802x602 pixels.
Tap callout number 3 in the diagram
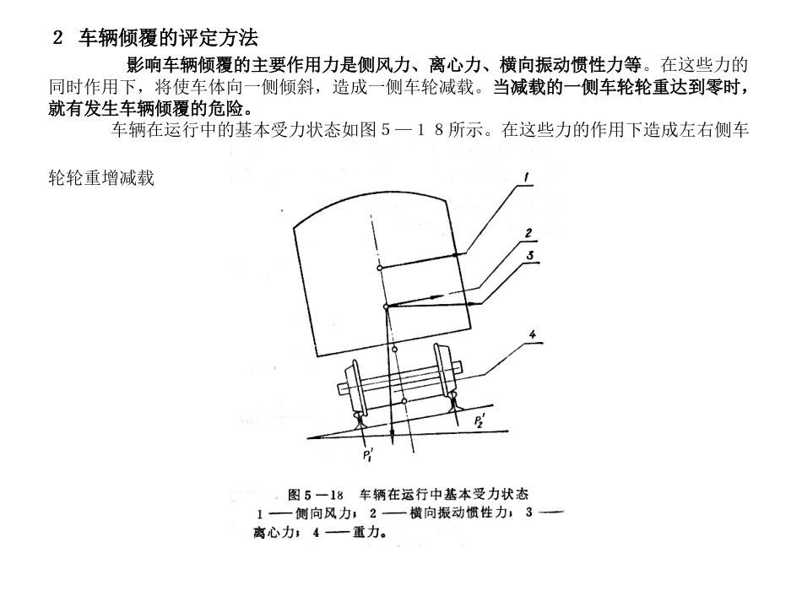tap(528, 254)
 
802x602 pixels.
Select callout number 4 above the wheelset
tap(532, 334)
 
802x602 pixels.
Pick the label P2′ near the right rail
tap(479, 420)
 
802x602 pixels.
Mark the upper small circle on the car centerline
tap(380, 268)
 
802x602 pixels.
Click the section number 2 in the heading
tap(57, 38)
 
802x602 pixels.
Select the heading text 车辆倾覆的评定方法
tap(168, 38)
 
